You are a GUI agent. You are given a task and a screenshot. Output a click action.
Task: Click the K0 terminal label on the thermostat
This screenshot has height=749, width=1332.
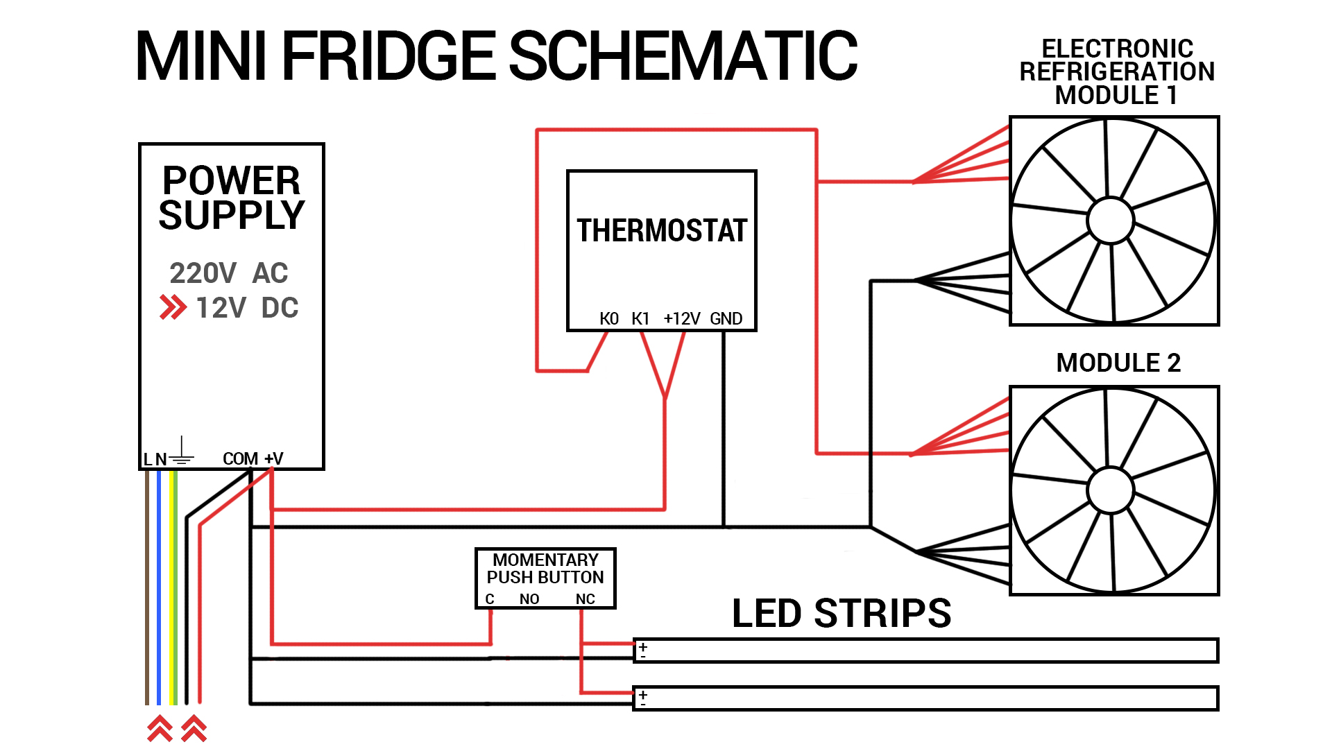[608, 318]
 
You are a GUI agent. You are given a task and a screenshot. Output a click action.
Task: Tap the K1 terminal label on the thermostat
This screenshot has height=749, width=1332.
[640, 318]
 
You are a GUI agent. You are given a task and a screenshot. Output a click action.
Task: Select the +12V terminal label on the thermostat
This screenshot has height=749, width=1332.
[681, 318]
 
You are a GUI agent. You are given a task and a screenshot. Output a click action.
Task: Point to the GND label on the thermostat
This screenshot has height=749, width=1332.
[726, 318]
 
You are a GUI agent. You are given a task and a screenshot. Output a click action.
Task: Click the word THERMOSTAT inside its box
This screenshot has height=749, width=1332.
[661, 230]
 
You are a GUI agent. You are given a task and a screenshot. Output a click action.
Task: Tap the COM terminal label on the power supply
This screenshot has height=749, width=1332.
[240, 458]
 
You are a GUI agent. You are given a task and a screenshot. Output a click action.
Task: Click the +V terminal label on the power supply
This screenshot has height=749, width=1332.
[274, 458]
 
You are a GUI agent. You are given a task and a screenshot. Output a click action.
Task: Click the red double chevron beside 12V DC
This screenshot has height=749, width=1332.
[173, 307]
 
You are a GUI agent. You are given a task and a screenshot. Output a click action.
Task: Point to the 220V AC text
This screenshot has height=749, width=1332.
[228, 273]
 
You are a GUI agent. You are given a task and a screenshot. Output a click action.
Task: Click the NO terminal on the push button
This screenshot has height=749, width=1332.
[529, 599]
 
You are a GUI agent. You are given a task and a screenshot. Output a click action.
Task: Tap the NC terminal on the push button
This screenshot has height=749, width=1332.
[585, 599]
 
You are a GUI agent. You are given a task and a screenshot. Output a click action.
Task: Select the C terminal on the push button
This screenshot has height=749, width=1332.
[490, 599]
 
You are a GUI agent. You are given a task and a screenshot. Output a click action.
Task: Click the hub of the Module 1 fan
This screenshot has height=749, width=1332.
[1110, 221]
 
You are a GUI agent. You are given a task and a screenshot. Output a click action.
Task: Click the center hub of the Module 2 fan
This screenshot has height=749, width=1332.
[1110, 490]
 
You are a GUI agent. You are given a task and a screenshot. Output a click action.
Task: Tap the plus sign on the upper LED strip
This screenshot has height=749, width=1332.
[643, 646]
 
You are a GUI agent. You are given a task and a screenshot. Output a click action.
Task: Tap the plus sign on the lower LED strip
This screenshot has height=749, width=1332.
[643, 694]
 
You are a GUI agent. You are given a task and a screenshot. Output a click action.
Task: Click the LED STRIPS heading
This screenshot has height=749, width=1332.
[841, 613]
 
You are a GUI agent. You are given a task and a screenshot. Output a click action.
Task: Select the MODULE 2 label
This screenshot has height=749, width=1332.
[1118, 363]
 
